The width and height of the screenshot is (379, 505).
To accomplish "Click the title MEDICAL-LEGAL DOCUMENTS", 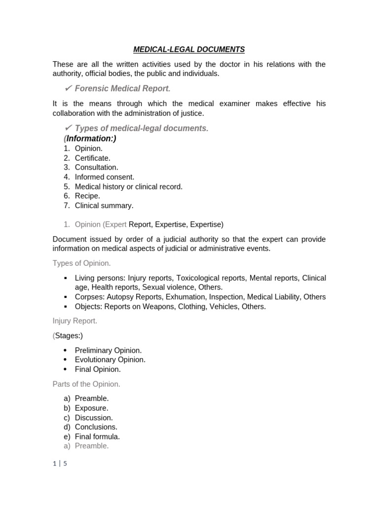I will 189,49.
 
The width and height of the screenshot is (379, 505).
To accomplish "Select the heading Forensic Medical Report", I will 122,88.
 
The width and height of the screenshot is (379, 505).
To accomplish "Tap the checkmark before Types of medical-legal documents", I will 69,128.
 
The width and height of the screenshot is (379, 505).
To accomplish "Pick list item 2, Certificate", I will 92,158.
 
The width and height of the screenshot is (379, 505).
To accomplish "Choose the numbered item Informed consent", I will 104,177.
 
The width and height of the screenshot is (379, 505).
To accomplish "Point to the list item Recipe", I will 87,196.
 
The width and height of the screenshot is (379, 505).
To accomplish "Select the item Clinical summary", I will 104,205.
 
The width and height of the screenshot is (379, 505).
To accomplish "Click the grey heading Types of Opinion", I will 81,263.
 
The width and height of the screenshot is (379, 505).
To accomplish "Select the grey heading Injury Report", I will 75,321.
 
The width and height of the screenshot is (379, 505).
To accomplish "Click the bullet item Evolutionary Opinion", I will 110,360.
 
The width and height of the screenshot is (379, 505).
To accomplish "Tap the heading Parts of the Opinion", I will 86,384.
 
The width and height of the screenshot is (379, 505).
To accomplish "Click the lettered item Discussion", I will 94,418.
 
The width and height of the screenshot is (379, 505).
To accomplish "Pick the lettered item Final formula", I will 97,436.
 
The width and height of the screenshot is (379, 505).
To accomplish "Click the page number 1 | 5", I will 60,464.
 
